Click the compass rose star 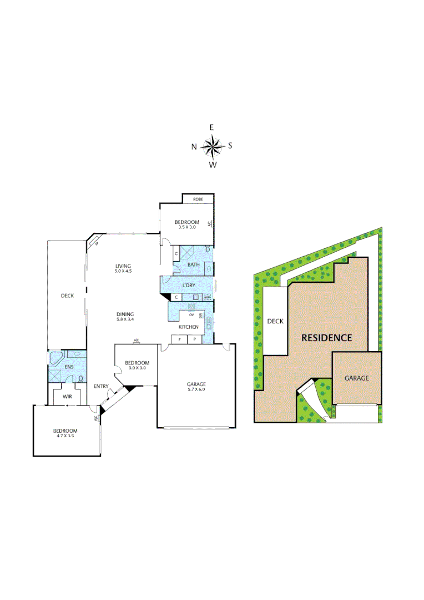(x=211, y=146)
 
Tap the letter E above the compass (x=211, y=128)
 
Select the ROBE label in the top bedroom (x=198, y=199)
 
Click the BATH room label (x=193, y=265)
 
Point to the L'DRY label (x=189, y=286)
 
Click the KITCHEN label (x=188, y=327)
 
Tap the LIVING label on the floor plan (x=123, y=266)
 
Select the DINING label (x=125, y=314)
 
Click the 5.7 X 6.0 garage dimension (x=196, y=390)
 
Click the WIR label (x=67, y=397)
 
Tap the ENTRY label (x=101, y=387)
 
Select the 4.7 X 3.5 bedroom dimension (x=65, y=436)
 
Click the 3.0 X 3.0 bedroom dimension (x=136, y=368)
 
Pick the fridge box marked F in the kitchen (x=179, y=339)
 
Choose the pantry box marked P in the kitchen (x=195, y=339)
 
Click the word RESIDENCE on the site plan (x=326, y=338)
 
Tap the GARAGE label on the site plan (x=356, y=378)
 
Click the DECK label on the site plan (x=275, y=321)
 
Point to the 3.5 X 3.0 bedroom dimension (x=186, y=227)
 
